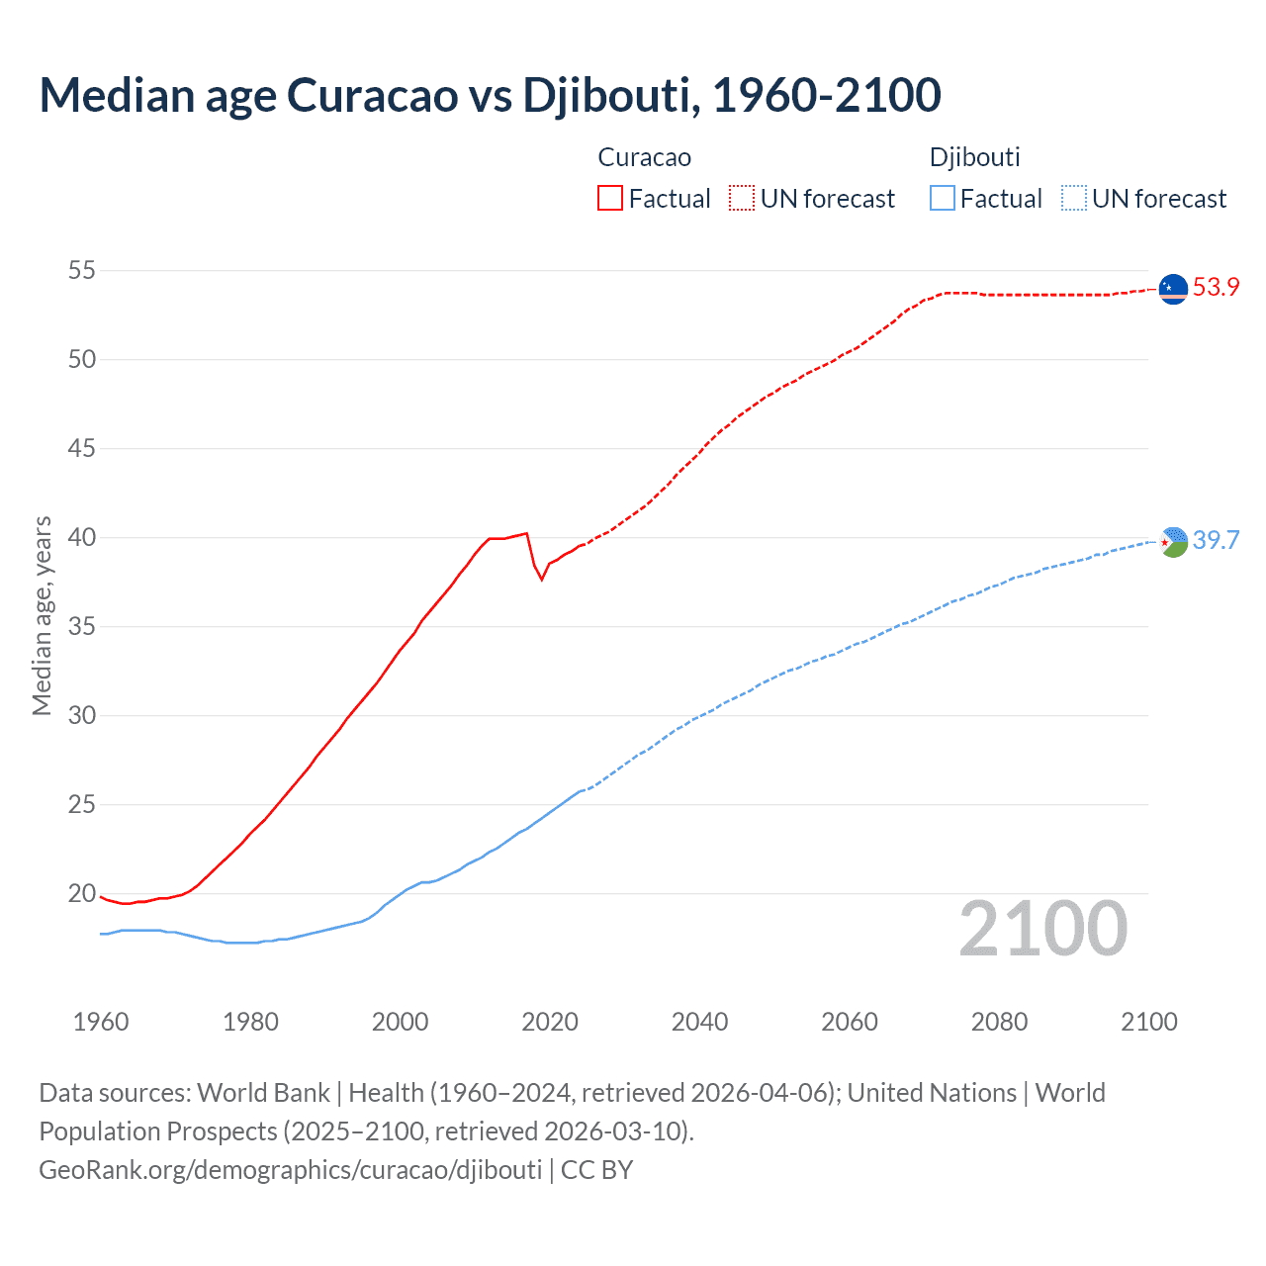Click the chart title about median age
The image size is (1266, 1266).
490,95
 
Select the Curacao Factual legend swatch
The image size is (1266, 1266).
610,199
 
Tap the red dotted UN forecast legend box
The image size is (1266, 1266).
742,199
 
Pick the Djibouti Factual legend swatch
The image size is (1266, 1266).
943,199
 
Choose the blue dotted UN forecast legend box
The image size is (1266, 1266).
1073,199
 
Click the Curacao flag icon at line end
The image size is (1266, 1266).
1173,289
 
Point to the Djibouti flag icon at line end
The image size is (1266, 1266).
1173,541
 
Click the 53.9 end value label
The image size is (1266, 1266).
1216,288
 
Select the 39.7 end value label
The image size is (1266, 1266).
1216,540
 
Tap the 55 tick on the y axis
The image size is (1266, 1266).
82,270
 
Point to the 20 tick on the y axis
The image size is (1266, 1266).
82,894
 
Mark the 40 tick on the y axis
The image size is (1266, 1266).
82,538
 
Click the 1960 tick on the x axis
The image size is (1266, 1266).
101,1022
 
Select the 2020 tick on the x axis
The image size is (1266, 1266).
550,1022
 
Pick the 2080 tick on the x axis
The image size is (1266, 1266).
999,1022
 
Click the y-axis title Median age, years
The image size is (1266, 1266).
42,615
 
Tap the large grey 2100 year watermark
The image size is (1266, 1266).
1042,929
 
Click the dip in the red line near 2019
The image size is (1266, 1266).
542,579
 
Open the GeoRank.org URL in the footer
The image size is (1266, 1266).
290,1170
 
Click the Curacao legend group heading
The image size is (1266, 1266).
644,157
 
